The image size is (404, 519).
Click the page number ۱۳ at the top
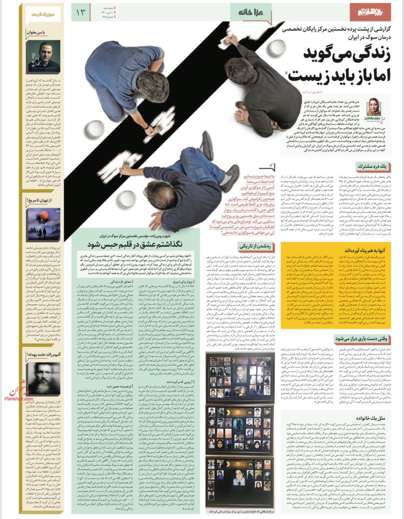pyautogui.click(x=80, y=12)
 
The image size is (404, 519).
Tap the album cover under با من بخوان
pyautogui.click(x=43, y=56)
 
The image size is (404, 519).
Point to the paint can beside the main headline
pyautogui.click(x=278, y=48)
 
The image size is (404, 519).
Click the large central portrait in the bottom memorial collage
pyautogui.click(x=239, y=478)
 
